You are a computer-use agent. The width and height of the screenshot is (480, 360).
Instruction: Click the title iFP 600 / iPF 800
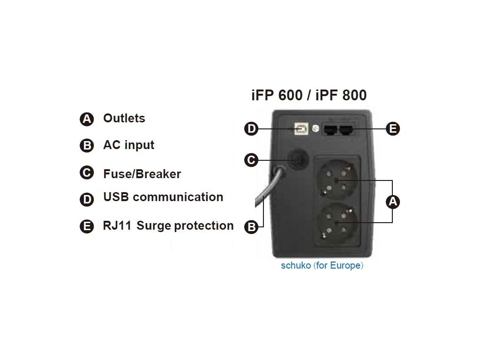(x=309, y=95)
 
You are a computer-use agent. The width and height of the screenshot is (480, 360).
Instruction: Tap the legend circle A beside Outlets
(x=87, y=120)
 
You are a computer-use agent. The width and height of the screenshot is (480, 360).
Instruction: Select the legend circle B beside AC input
(x=87, y=146)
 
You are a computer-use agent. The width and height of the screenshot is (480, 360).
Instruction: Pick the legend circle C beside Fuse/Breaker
(x=87, y=173)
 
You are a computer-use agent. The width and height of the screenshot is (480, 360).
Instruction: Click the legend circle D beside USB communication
(x=87, y=199)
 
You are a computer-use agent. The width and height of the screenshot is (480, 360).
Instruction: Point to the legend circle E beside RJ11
(x=87, y=226)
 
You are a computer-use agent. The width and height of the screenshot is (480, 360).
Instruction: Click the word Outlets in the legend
(x=124, y=118)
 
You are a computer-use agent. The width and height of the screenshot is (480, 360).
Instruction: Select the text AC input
(x=128, y=145)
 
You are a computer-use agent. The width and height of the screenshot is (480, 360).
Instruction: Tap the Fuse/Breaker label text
(x=142, y=174)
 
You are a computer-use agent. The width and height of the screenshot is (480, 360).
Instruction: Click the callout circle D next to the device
(x=252, y=129)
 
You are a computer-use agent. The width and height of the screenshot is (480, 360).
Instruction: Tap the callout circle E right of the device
(x=393, y=129)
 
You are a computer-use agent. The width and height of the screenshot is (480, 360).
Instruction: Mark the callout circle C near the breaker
(x=252, y=160)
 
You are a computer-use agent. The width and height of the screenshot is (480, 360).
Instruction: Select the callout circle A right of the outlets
(x=393, y=202)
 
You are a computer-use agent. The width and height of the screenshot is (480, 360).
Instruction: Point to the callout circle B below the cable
(x=252, y=227)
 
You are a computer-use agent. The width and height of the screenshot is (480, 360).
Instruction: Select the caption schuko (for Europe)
(x=322, y=265)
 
